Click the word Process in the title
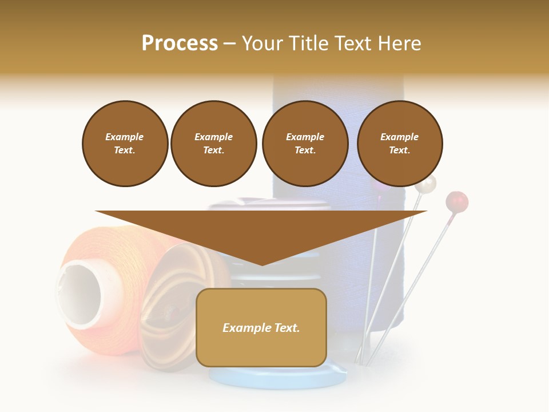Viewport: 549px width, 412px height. pyautogui.click(x=180, y=43)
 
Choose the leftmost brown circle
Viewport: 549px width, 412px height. pyautogui.click(x=125, y=144)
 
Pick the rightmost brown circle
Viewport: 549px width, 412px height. pyautogui.click(x=400, y=144)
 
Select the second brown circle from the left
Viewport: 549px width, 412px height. pyautogui.click(x=213, y=144)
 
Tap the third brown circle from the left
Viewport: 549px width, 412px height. pyautogui.click(x=305, y=144)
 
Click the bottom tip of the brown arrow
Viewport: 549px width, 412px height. pyautogui.click(x=262, y=264)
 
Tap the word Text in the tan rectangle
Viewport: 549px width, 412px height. pyautogui.click(x=288, y=328)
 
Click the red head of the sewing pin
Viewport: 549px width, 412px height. pyautogui.click(x=457, y=201)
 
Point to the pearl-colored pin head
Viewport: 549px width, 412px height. pyautogui.click(x=425, y=184)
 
